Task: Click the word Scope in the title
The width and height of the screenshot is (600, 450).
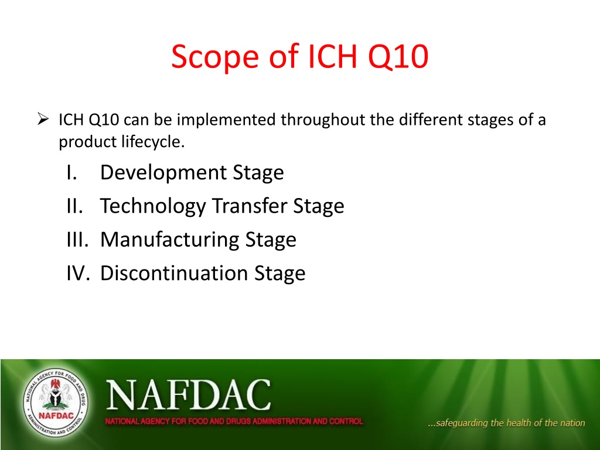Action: pyautogui.click(x=214, y=57)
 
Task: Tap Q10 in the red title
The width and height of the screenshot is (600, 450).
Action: pyautogui.click(x=398, y=57)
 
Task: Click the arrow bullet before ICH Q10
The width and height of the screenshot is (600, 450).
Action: pyautogui.click(x=43, y=119)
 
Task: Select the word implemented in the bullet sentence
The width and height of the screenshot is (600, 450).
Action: pyautogui.click(x=226, y=120)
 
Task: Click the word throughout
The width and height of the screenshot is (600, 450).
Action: pyautogui.click(x=323, y=120)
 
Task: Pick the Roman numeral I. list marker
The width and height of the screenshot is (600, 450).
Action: pyautogui.click(x=72, y=172)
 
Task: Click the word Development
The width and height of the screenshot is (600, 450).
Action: pyautogui.click(x=163, y=173)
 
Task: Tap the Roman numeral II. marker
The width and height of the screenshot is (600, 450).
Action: pyautogui.click(x=74, y=206)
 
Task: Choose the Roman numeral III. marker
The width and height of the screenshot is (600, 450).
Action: pyautogui.click(x=77, y=240)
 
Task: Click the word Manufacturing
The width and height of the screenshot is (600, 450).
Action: pyautogui.click(x=169, y=240)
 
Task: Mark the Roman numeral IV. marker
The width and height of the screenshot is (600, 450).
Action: pyautogui.click(x=78, y=273)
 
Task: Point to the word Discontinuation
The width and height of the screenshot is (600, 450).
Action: pyautogui.click(x=174, y=273)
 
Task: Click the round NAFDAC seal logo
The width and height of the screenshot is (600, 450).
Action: pyautogui.click(x=56, y=403)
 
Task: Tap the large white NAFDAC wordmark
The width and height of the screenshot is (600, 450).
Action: pyautogui.click(x=188, y=395)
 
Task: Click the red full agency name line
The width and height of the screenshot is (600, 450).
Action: pyautogui.click(x=234, y=421)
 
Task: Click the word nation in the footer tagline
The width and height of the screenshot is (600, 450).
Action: pyautogui.click(x=572, y=422)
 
